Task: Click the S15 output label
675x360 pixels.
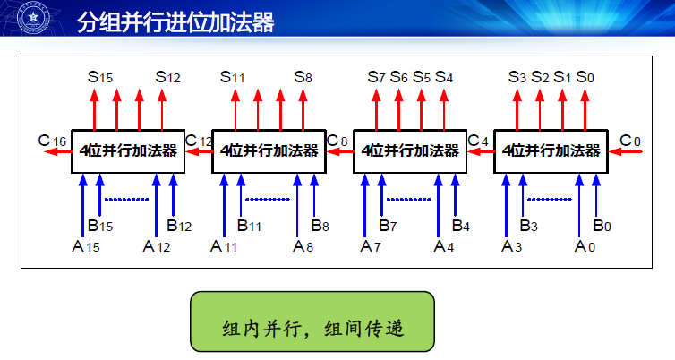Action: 100,77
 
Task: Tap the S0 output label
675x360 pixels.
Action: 585,77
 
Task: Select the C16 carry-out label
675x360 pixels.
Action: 52,141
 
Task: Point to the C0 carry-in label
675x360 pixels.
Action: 630,141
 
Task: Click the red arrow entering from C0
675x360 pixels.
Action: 625,151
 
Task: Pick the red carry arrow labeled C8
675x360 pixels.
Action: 340,151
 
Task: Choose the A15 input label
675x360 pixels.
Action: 86,247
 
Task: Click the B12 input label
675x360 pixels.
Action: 179,225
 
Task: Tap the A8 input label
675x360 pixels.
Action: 303,247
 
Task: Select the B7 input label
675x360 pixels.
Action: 388,225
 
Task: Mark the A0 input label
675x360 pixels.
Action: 585,247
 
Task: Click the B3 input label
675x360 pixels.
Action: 529,225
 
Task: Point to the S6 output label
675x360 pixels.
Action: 398,77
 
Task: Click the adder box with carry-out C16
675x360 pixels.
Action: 128,151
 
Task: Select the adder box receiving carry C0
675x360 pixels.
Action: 551,151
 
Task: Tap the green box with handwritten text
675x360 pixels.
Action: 312,321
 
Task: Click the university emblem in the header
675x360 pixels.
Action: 33,18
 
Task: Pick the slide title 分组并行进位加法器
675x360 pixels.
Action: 175,22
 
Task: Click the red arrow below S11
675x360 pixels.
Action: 235,109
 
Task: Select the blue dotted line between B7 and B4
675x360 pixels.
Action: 408,199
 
